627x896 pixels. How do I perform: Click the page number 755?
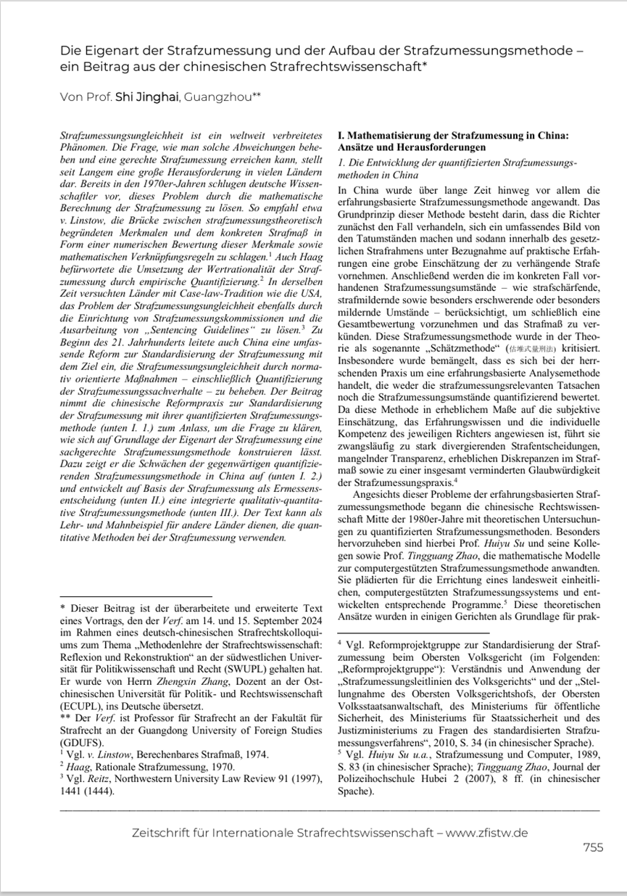(x=592, y=847)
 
